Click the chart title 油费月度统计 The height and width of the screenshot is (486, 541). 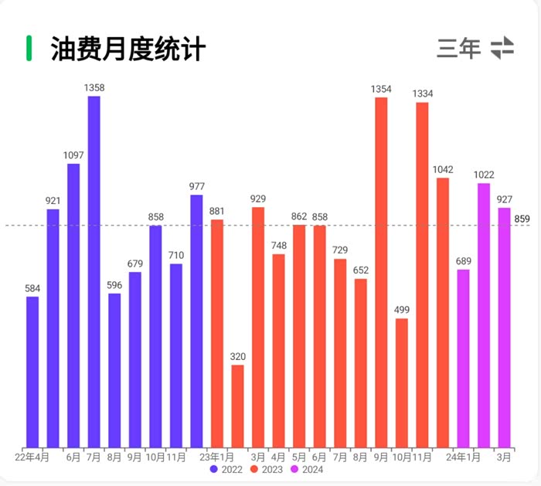[128, 49]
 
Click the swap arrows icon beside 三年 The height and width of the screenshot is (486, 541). [502, 48]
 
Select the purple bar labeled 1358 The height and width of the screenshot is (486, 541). [94, 270]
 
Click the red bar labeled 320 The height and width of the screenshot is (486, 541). [237, 406]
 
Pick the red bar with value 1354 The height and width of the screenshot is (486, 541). [381, 270]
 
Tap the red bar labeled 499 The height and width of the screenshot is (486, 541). [402, 382]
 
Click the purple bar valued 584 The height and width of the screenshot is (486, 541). [32, 371]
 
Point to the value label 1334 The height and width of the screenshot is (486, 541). [422, 93]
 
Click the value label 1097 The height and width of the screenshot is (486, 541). [73, 155]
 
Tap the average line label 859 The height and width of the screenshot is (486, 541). [522, 220]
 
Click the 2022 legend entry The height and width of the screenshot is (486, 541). [226, 469]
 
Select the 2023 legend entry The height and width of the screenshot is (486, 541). [267, 469]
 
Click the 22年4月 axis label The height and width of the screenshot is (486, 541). [32, 457]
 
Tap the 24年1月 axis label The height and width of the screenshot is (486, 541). [463, 457]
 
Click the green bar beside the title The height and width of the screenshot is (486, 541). [29, 48]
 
